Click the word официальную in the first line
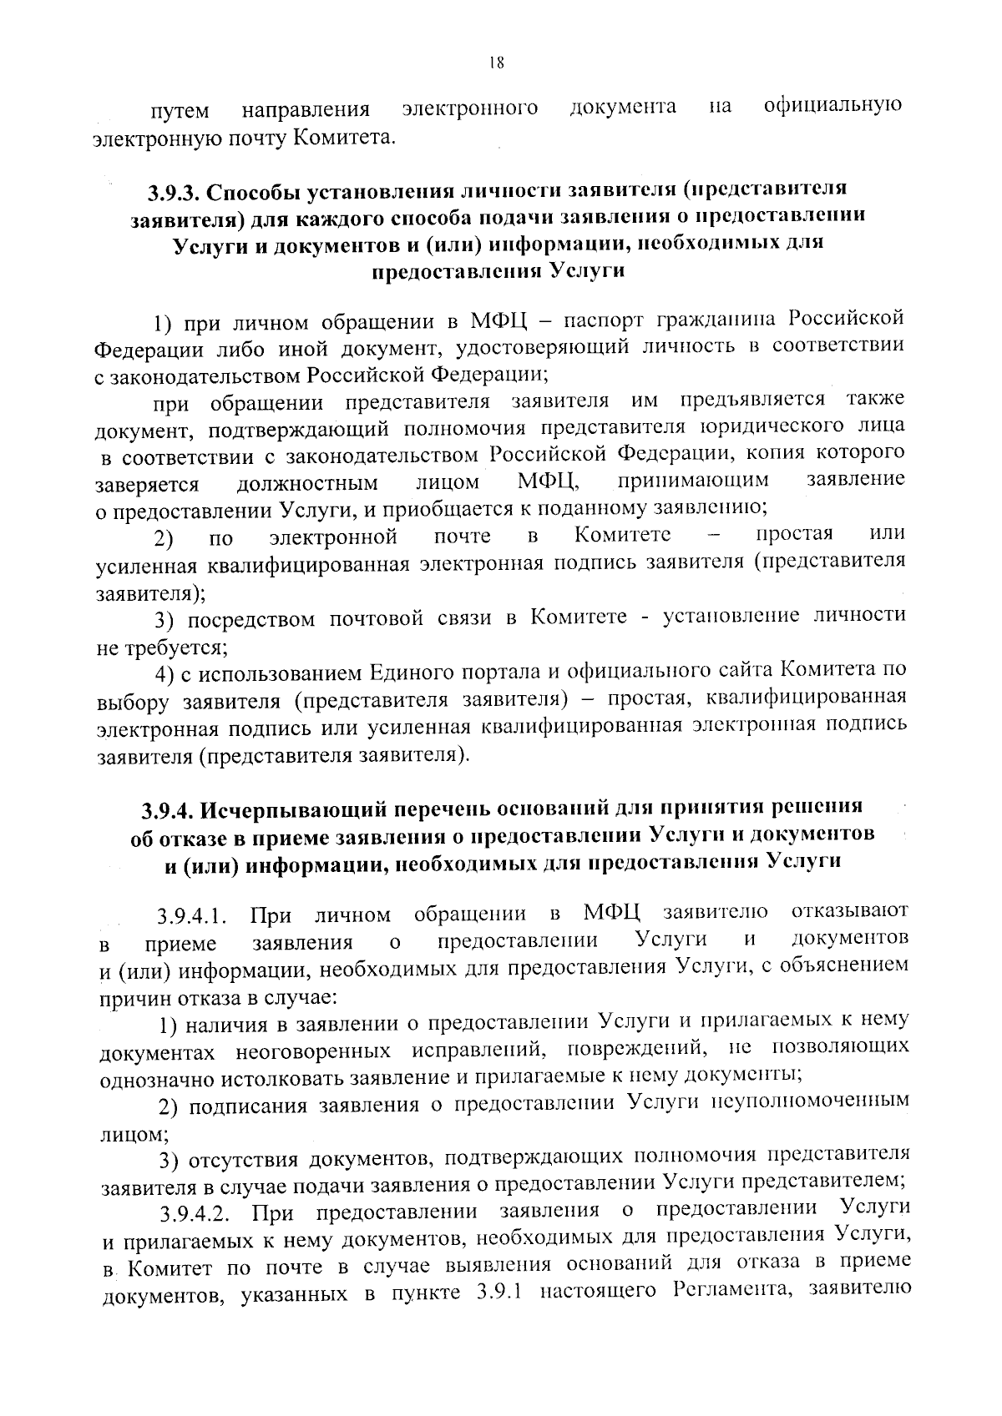tap(832, 106)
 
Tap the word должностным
tap(307, 483)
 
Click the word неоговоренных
tap(314, 1049)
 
